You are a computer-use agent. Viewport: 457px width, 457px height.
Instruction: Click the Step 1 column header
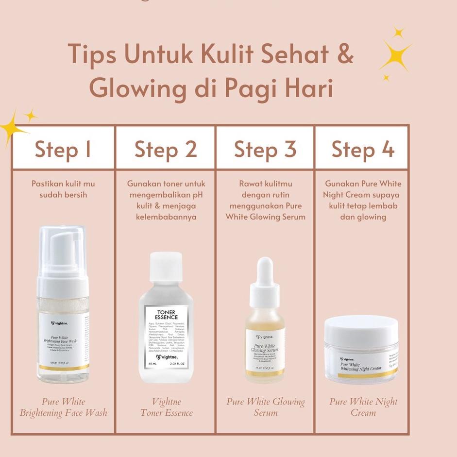63,149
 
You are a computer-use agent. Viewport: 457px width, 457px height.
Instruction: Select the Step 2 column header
166,149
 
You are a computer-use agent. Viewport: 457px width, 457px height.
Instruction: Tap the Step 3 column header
265,149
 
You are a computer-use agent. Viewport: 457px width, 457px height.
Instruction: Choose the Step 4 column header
362,149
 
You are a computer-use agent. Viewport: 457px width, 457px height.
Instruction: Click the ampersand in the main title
344,53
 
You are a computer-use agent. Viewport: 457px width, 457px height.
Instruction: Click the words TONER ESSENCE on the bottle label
167,314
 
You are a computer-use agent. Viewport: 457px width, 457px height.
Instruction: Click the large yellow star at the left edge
12,128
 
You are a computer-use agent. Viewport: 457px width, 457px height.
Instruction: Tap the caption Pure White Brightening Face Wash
63,407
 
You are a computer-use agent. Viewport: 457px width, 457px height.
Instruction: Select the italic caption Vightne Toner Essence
167,407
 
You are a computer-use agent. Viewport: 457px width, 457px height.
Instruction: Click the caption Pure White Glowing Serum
266,407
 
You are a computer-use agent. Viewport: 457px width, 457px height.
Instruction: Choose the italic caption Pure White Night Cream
363,407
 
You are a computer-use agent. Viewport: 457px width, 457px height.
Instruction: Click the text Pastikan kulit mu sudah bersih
63,189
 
